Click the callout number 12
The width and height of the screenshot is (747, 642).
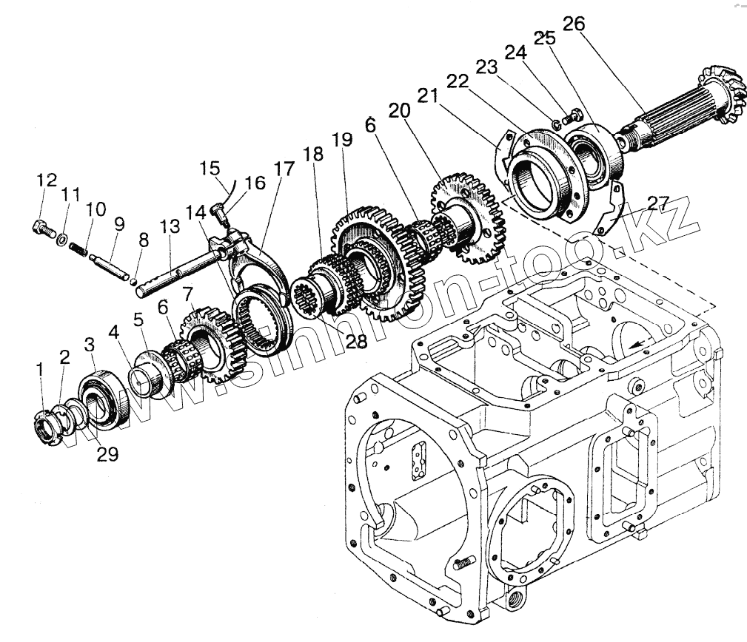point(47,180)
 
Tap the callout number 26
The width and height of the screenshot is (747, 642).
point(573,24)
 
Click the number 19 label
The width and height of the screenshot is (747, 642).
point(341,141)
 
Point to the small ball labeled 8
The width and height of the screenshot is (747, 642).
point(133,279)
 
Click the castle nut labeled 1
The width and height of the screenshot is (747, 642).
point(47,428)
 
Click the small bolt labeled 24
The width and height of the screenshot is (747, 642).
point(569,117)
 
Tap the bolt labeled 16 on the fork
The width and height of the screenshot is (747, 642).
point(218,214)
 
